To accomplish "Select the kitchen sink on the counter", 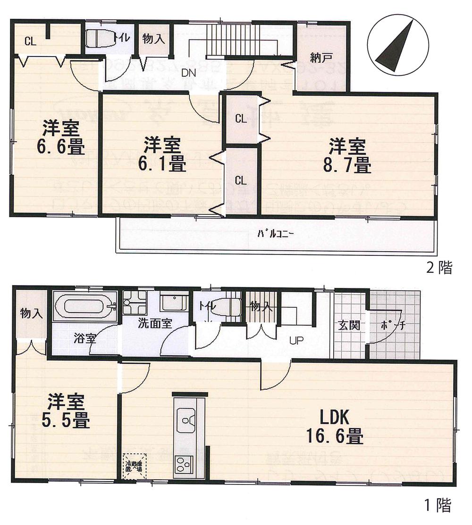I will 187,417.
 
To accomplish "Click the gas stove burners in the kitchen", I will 183,465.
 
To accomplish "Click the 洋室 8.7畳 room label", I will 349,156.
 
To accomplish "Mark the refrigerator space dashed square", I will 135,467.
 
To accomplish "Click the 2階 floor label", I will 439,269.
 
